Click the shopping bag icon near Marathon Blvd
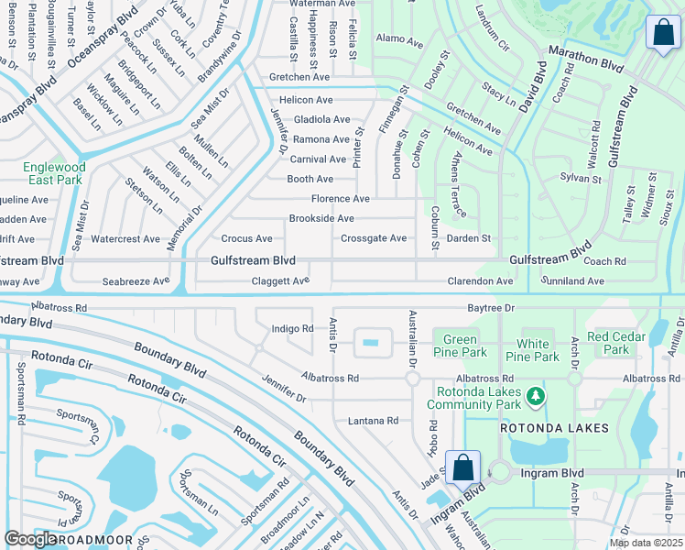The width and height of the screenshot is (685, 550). tap(663, 33)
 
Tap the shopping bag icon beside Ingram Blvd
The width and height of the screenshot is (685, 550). tap(463, 467)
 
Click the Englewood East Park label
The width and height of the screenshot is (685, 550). tap(55, 174)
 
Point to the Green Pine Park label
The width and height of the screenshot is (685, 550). tap(460, 346)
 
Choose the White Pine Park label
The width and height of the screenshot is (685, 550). tap(532, 351)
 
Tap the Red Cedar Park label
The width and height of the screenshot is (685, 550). tap(615, 343)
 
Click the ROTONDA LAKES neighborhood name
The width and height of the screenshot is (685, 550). tap(554, 428)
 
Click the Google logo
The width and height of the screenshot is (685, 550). tap(30, 539)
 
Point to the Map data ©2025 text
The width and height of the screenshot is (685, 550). tap(646, 543)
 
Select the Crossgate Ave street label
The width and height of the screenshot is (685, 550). tap(374, 238)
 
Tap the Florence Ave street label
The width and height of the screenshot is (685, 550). tap(341, 199)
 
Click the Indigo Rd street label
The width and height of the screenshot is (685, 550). tap(293, 328)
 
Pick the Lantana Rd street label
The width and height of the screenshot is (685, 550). tap(374, 421)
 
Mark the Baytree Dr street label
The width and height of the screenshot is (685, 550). tap(491, 309)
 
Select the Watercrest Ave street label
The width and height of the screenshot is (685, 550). tap(125, 239)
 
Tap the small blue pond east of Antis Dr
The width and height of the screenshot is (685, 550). tap(370, 343)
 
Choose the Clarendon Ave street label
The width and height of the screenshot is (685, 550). tap(480, 281)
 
